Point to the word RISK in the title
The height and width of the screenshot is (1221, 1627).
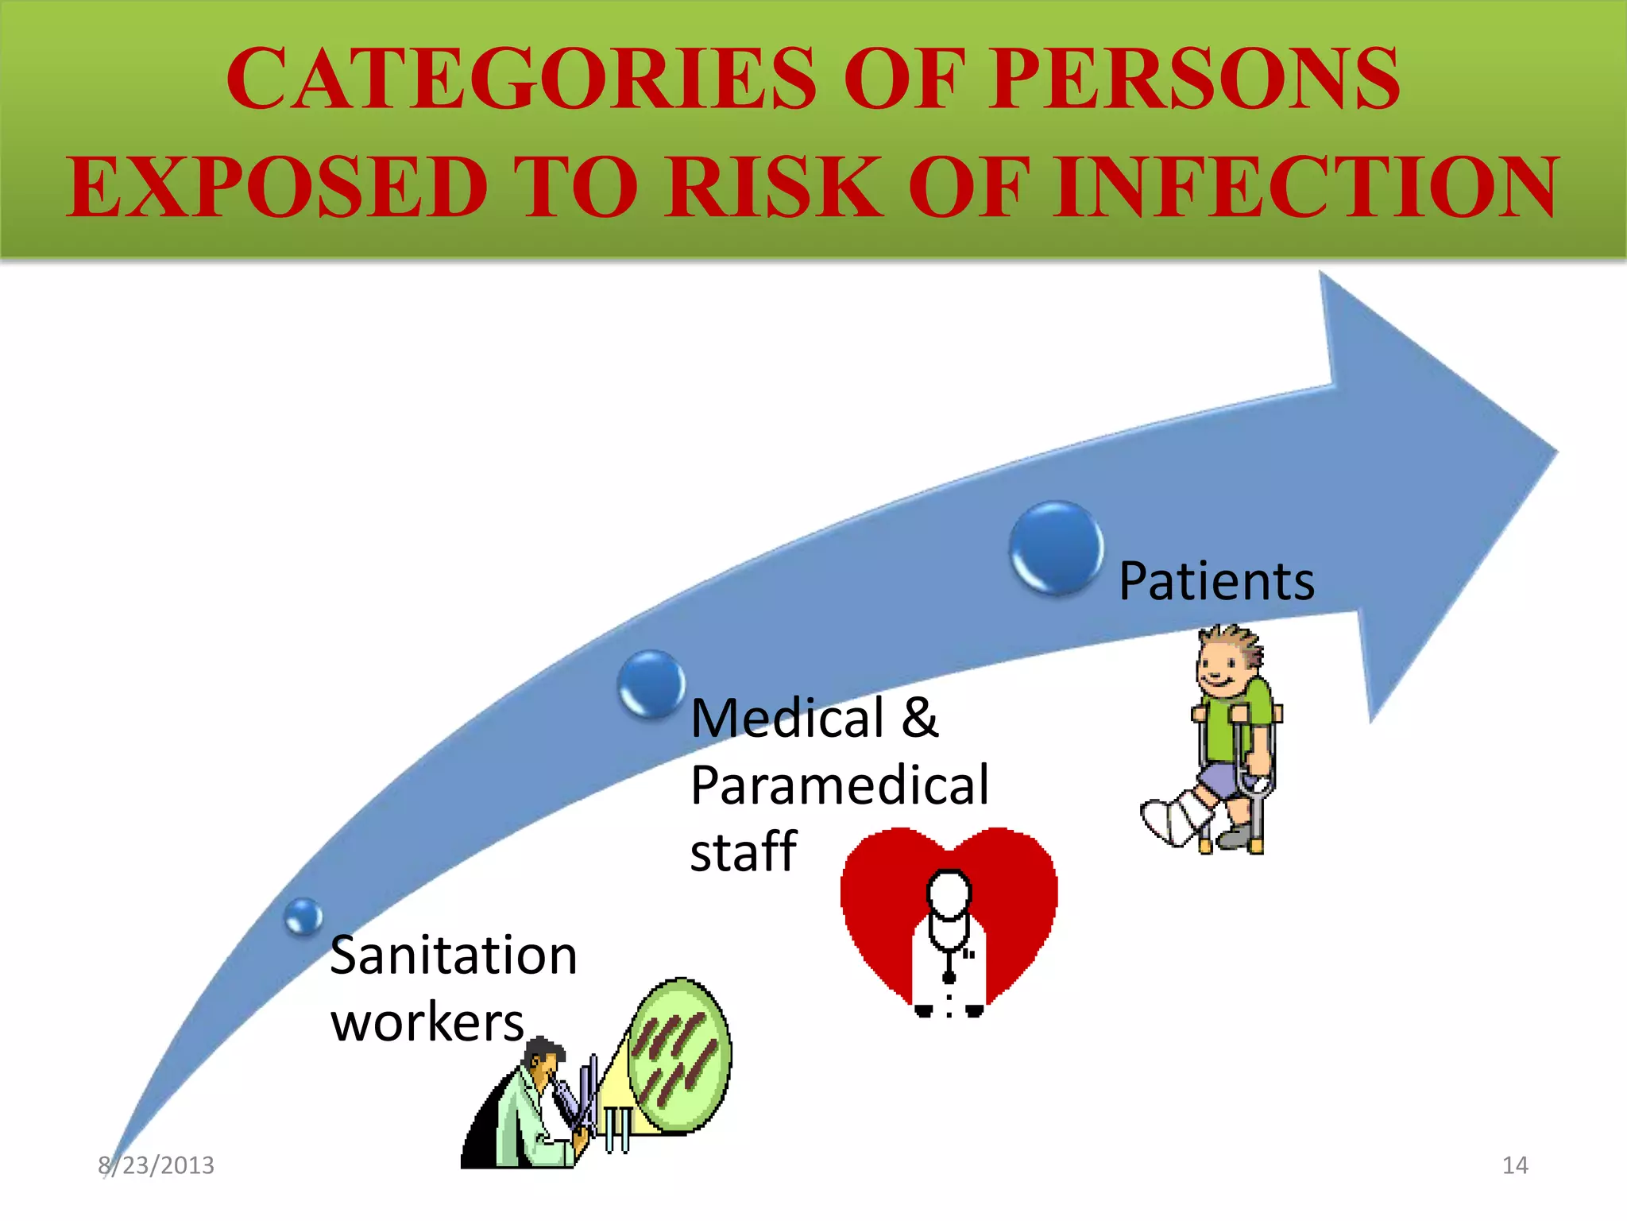775,188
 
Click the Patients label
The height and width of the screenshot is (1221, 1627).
1216,581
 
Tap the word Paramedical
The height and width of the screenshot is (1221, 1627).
840,785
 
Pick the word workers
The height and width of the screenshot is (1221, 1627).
427,1022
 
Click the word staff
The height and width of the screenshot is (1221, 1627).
743,852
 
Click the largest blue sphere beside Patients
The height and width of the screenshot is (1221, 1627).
1056,548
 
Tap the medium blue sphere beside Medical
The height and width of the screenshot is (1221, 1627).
651,684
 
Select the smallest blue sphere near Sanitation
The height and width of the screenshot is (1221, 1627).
303,917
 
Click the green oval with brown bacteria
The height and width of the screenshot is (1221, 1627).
680,1055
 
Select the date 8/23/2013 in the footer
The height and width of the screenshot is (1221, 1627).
157,1165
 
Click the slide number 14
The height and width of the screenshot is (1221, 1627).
1515,1165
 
